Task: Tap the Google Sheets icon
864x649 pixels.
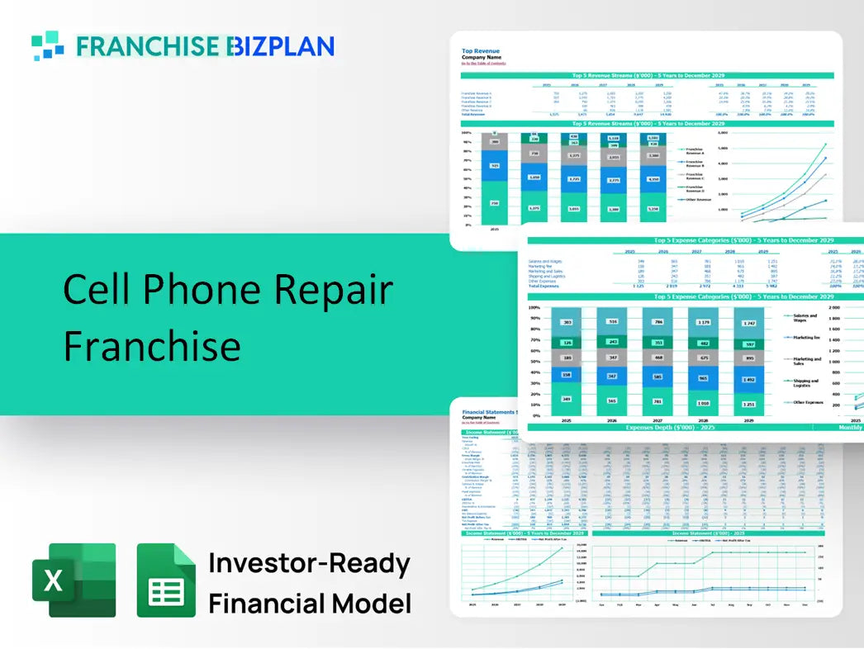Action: click(166, 580)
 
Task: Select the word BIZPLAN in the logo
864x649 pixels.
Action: click(281, 46)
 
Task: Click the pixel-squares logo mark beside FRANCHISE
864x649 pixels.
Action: click(48, 45)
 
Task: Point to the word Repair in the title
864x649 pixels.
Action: click(334, 290)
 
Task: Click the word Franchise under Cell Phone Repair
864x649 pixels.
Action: click(152, 344)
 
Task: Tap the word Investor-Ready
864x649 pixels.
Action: click(309, 564)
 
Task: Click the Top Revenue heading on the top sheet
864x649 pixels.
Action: click(480, 50)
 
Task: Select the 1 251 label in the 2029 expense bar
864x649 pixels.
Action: click(748, 404)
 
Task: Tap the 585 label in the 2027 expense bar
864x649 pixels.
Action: click(656, 377)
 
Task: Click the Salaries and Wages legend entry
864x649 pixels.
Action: click(805, 318)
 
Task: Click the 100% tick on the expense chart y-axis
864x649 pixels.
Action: click(533, 307)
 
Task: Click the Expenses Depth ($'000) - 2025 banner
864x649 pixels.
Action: click(669, 427)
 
